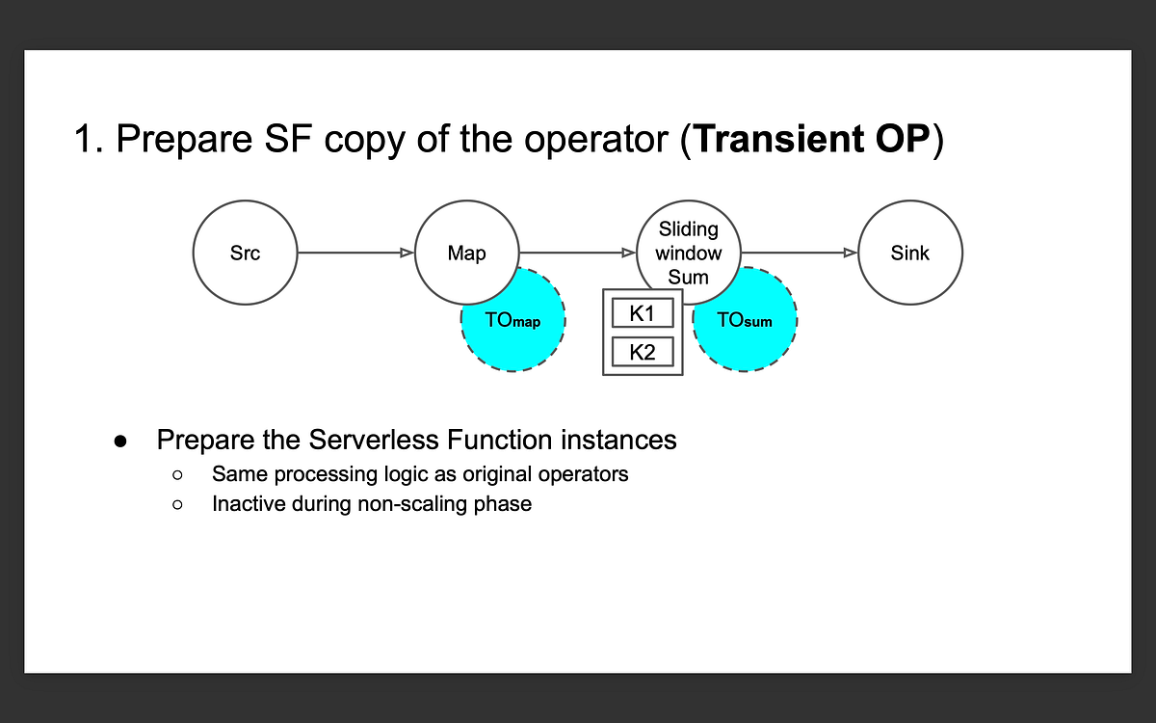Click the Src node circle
point(245,254)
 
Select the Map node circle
point(466,254)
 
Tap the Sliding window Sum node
point(689,253)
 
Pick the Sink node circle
point(909,254)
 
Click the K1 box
point(643,314)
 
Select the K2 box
point(643,352)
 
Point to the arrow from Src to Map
point(355,254)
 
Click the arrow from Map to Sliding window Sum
point(578,254)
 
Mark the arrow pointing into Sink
point(800,254)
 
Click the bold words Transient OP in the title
point(811,140)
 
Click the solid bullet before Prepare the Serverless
point(120,442)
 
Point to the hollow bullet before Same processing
point(177,475)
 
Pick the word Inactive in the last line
point(246,504)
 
